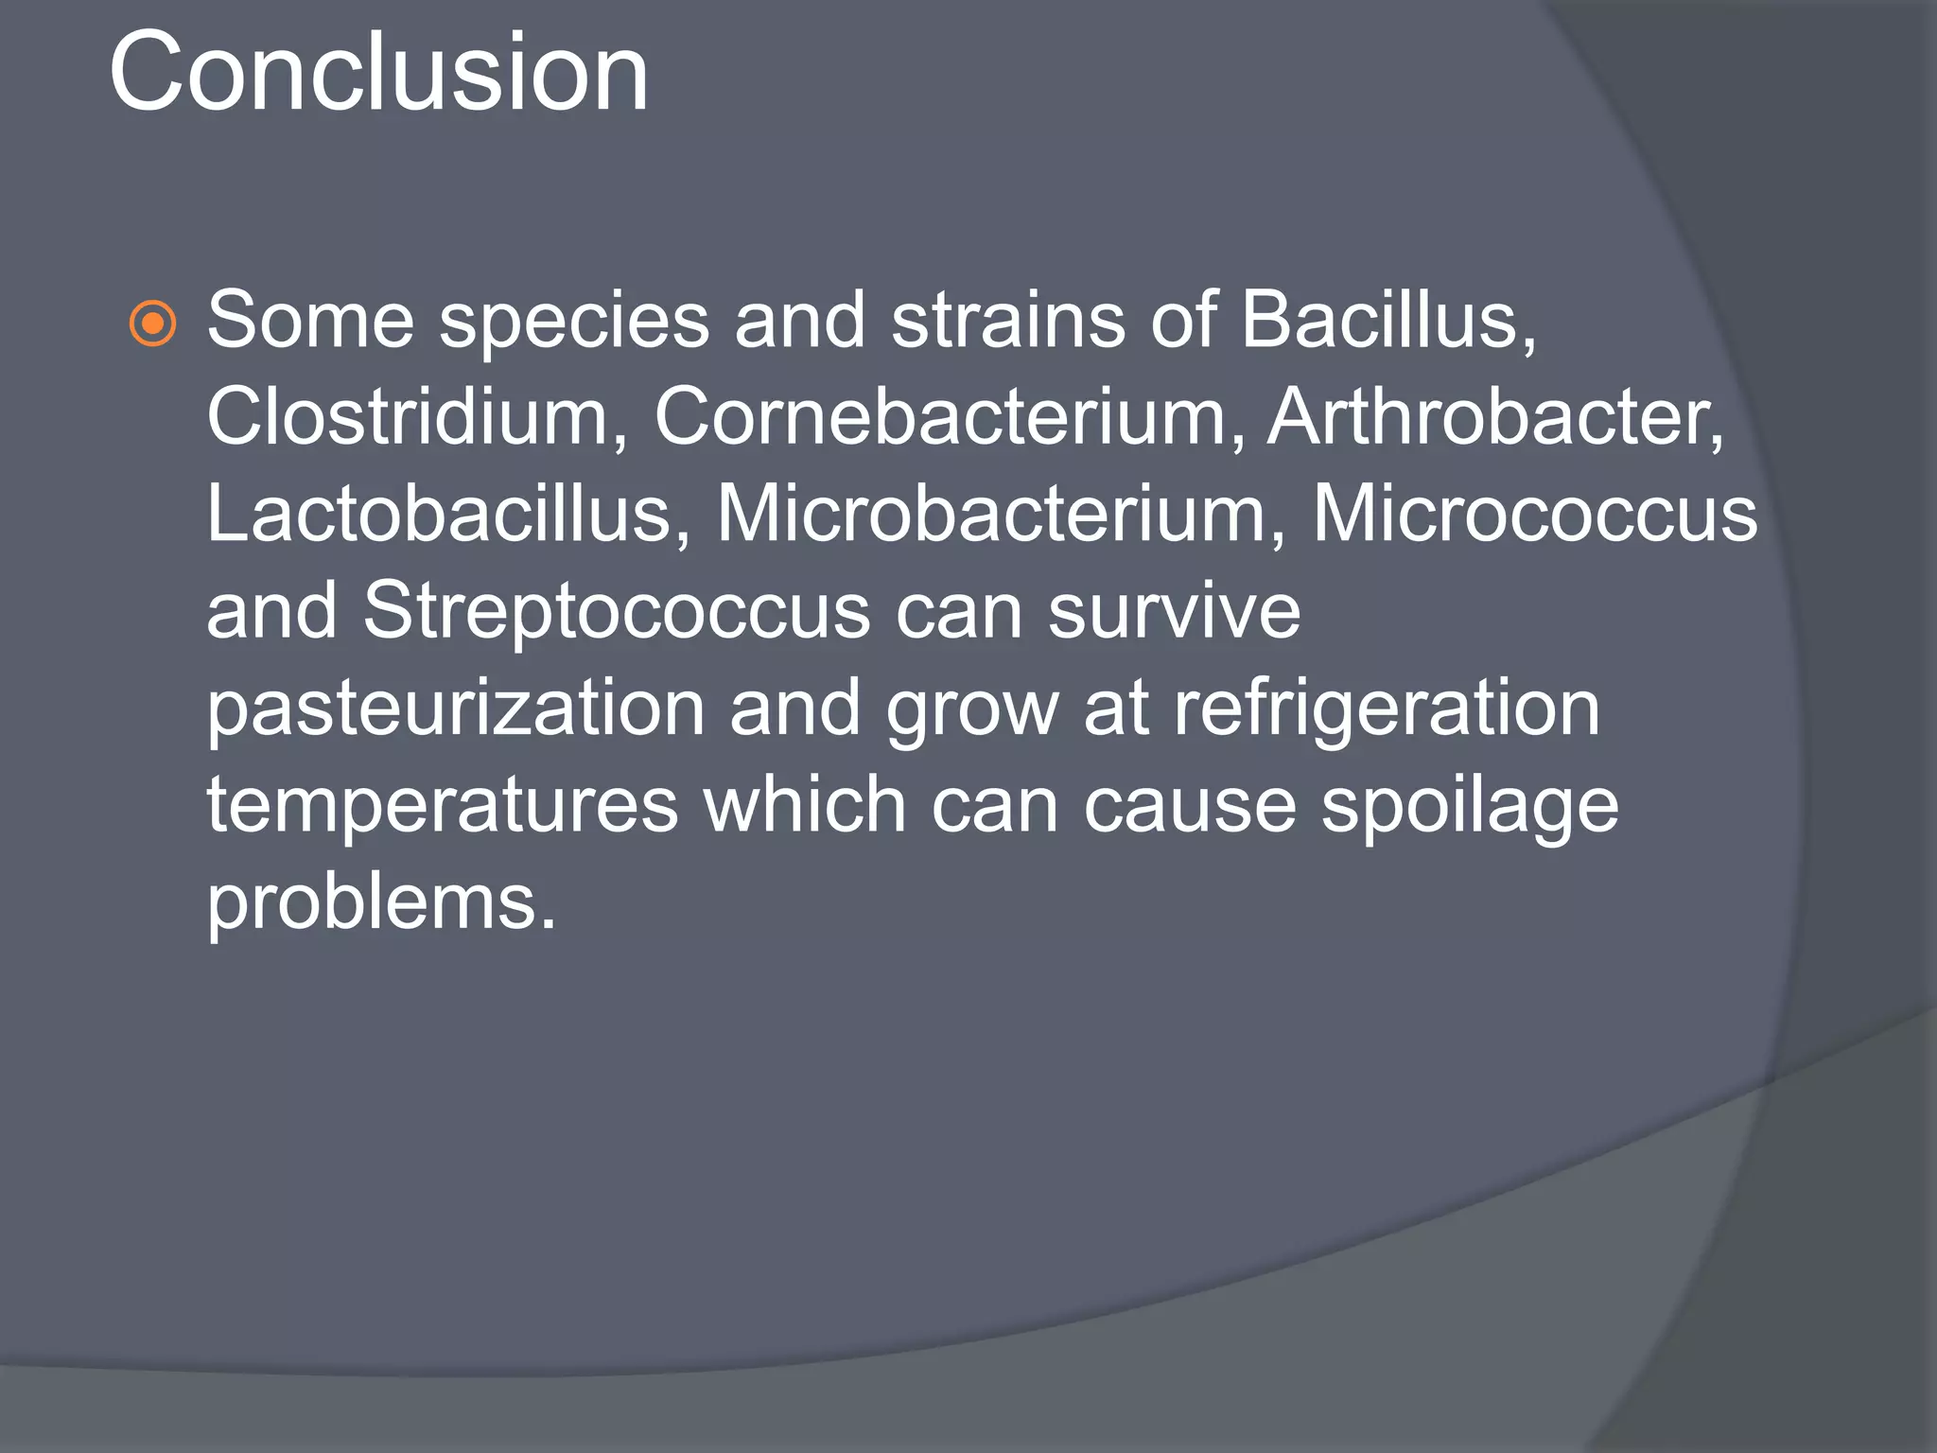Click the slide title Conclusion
[378, 74]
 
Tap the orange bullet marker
[152, 324]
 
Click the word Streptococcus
[616, 611]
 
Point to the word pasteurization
[455, 709]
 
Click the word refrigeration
[1387, 709]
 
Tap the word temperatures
[443, 805]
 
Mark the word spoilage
[1469, 807]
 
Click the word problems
[381, 903]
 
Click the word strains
[1008, 320]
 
